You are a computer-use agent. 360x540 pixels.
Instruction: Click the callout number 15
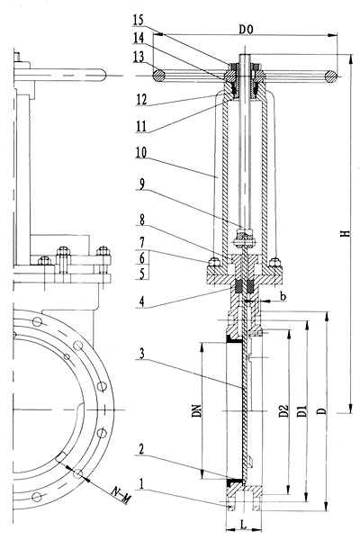138,20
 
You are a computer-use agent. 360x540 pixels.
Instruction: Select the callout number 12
141,100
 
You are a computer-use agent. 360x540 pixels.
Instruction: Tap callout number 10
141,152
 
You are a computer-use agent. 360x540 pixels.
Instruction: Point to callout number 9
142,184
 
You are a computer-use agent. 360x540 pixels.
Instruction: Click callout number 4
142,301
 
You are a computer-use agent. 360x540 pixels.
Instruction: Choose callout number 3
142,354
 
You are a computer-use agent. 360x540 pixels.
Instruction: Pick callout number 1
141,484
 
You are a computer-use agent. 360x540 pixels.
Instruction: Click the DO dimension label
246,30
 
